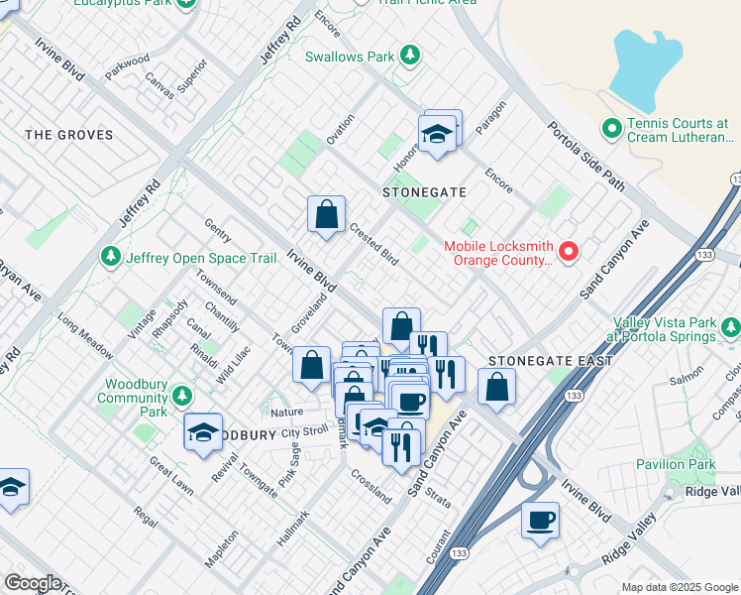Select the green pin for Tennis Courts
(611, 129)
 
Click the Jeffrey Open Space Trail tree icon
(110, 258)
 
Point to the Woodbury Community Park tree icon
(181, 397)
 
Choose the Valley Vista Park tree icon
(730, 326)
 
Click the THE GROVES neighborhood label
(69, 134)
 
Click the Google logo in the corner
(33, 583)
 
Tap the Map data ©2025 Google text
(680, 587)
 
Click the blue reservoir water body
(649, 69)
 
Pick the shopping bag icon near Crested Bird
(326, 215)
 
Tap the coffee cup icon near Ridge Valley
(540, 520)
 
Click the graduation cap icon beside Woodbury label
(203, 432)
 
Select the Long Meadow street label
(85, 334)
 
